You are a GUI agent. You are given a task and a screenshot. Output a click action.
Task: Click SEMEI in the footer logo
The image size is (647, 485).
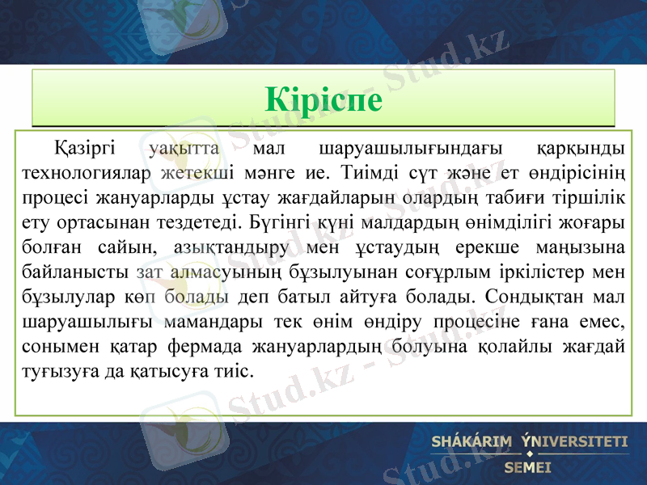click(527, 466)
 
